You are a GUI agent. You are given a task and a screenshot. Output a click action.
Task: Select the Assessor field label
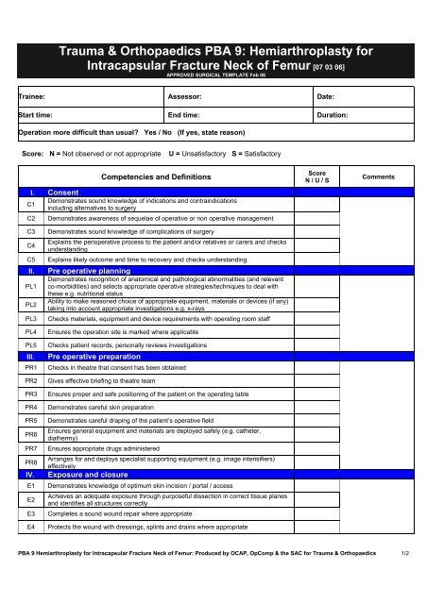[x=187, y=96]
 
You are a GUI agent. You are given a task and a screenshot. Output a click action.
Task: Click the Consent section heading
[x=63, y=191]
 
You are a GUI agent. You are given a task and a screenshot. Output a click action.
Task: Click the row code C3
[x=31, y=229]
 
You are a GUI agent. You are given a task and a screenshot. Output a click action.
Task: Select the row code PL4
[x=31, y=332]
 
